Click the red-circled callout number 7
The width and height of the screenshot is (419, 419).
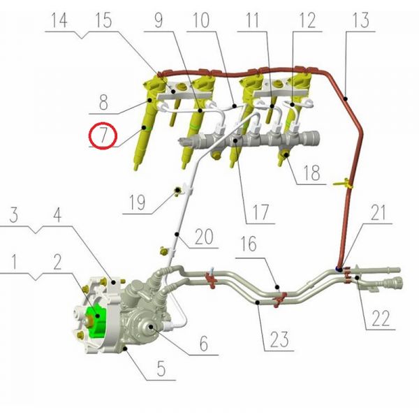coord(103,135)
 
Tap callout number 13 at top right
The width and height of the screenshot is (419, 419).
coord(361,20)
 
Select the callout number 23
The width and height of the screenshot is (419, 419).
coord(279,339)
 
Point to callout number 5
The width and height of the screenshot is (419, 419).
coord(161,369)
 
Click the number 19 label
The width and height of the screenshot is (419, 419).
coord(138,203)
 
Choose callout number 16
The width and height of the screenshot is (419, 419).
coord(249,244)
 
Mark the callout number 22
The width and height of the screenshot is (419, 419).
coord(381,318)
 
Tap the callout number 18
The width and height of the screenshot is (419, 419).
coord(312,173)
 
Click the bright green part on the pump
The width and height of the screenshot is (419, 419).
coord(96,322)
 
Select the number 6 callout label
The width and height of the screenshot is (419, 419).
coord(204,344)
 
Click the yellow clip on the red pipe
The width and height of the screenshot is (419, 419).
coord(343,184)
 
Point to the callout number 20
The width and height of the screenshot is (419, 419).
coord(204,237)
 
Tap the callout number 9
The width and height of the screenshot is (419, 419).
coord(159,20)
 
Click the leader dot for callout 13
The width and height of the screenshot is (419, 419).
coord(346,98)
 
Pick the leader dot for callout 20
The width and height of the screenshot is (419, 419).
coord(177,235)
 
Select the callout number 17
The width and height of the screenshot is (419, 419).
coord(260,212)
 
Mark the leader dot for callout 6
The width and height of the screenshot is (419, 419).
coord(152,326)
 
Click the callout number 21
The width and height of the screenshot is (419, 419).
coord(378,213)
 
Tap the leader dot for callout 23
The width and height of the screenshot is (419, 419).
coord(257,302)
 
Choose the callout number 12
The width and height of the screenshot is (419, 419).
coord(307,20)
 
